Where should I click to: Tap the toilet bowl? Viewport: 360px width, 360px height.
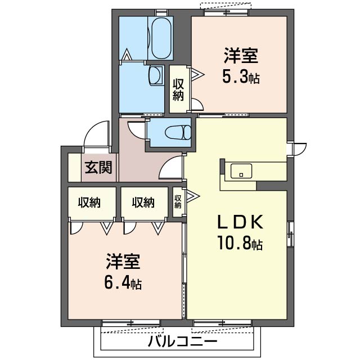coord(178,133)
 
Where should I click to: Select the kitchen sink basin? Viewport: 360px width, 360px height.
coord(241,171)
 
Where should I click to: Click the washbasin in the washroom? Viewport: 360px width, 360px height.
coord(156,75)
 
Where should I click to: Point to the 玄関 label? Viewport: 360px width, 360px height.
coord(98,168)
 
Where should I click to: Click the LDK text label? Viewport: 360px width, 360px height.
coord(240,222)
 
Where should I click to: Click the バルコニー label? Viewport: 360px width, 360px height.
coord(182,341)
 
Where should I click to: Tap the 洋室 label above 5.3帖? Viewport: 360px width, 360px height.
coord(241,56)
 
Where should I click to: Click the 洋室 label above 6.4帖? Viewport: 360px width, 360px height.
coord(123,261)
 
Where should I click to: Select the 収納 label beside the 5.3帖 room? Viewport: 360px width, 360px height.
coord(178,89)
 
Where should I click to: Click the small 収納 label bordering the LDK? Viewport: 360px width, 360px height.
coord(178,201)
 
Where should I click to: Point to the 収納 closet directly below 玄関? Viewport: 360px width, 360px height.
coord(89,202)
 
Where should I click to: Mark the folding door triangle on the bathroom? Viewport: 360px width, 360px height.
coord(127,55)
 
